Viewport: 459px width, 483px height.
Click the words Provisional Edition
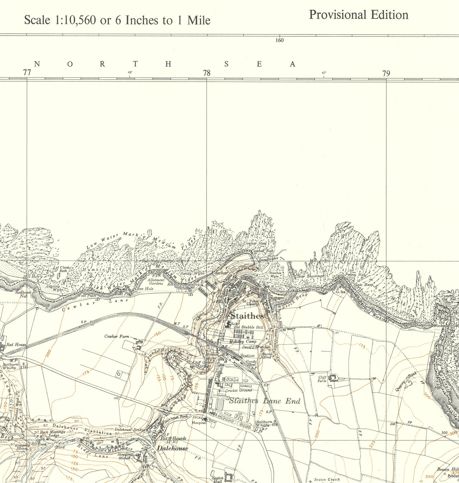358,15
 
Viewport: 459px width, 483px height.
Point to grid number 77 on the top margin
27,73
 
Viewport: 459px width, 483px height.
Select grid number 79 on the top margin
386,73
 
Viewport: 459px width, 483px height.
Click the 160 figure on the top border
279,40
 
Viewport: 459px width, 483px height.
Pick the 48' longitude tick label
130,73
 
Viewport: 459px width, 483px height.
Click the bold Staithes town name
247,316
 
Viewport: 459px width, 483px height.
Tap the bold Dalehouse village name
173,448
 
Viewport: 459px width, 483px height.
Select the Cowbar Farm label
117,336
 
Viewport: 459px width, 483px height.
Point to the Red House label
16,345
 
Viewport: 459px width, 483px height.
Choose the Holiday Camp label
243,341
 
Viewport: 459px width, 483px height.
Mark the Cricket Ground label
238,390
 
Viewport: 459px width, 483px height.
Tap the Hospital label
199,423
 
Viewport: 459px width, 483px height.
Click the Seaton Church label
327,480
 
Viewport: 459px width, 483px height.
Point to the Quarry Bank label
406,382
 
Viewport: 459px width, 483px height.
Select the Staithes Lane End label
265,401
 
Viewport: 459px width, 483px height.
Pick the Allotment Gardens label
156,282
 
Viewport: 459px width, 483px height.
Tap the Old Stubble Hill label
249,327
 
